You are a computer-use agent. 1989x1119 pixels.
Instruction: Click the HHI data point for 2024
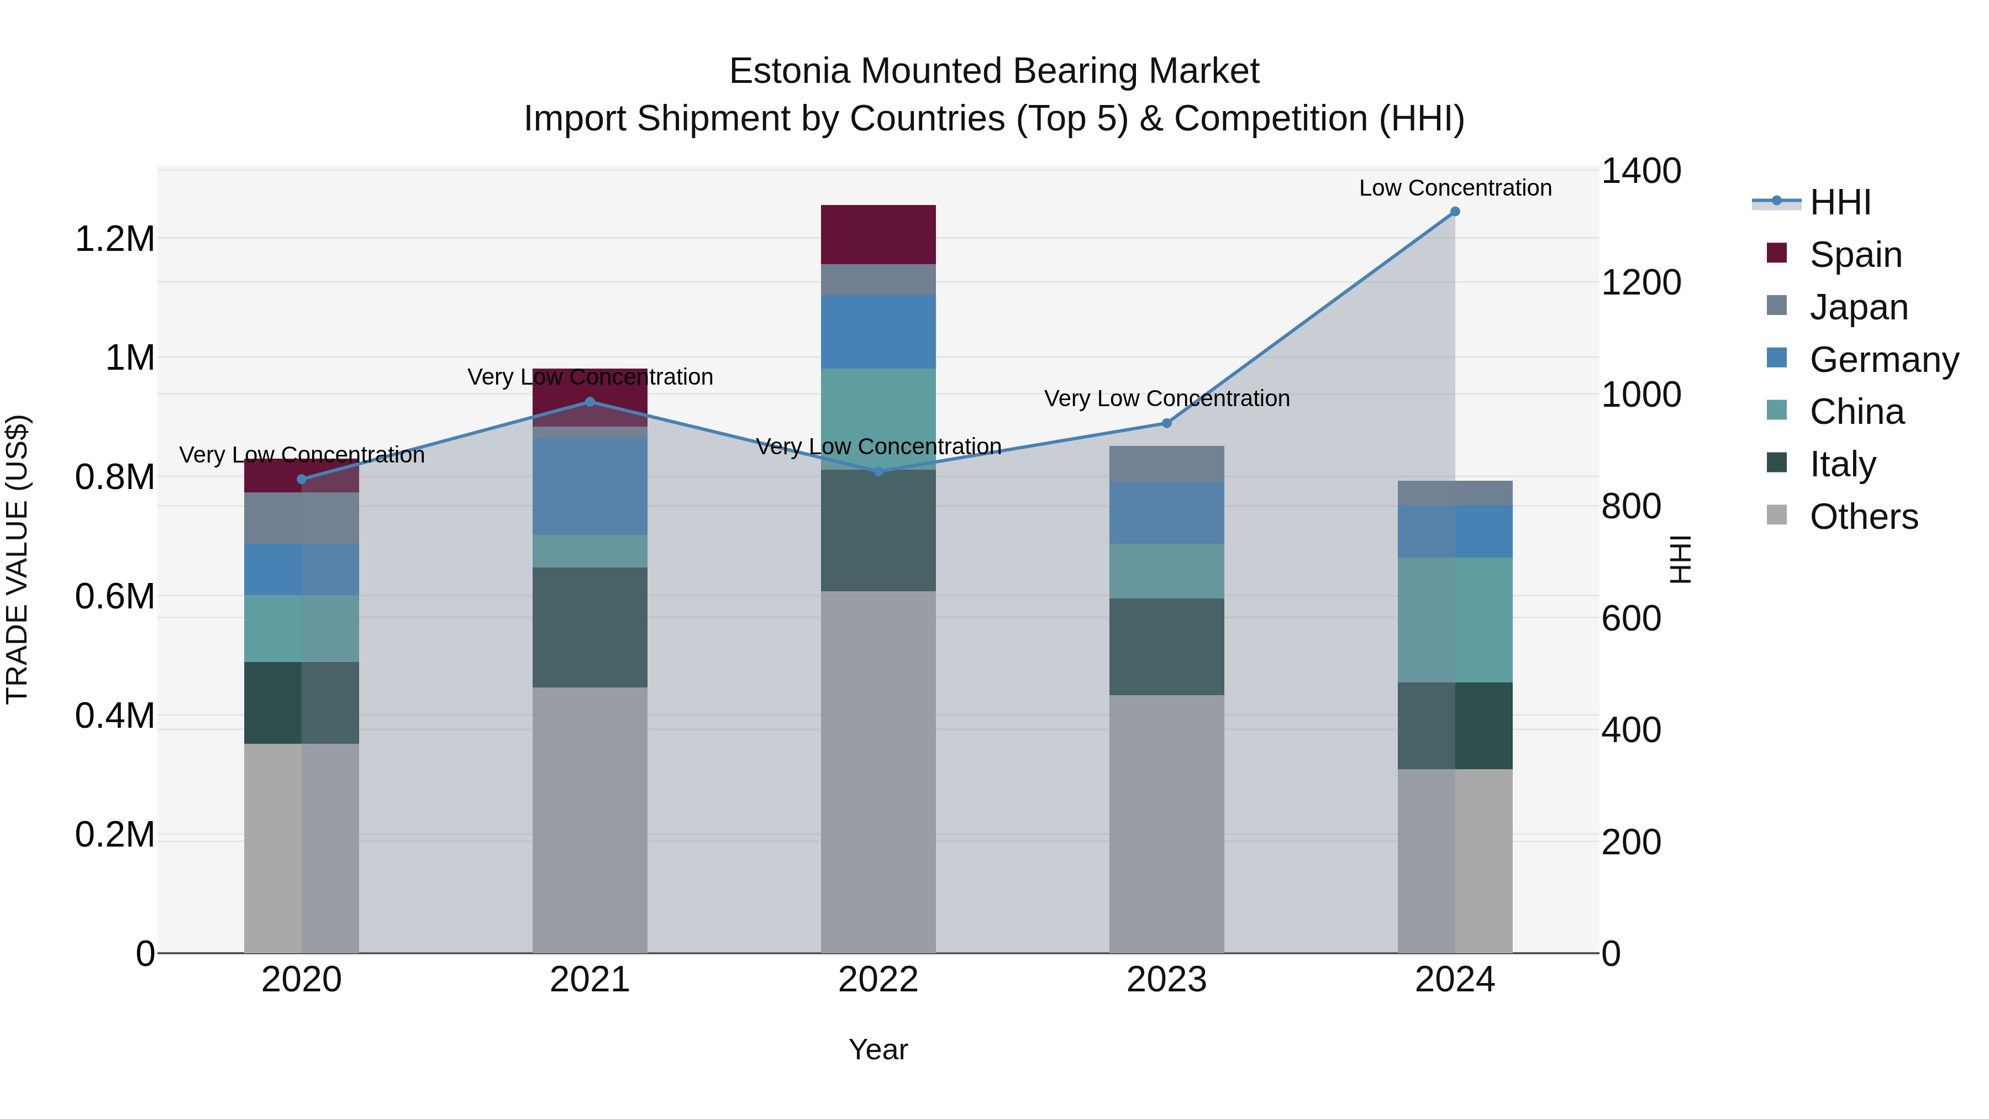point(1455,212)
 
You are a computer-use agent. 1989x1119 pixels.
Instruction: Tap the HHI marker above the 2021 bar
point(590,402)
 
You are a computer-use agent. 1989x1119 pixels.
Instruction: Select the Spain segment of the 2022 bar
point(878,235)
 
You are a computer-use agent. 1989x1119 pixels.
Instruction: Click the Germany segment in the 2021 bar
point(590,486)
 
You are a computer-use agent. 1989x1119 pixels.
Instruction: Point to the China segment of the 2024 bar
point(1455,619)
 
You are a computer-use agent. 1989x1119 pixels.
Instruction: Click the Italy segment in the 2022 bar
point(878,530)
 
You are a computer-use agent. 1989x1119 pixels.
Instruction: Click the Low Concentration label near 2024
point(1455,188)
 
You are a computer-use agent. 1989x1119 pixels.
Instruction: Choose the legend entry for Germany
point(1883,360)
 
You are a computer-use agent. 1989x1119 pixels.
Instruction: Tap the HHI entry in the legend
point(1839,202)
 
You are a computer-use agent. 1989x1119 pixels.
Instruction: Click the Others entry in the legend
point(1863,517)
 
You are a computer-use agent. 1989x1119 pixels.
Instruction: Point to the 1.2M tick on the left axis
point(114,239)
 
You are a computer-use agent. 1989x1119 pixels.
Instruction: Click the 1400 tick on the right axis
point(1641,171)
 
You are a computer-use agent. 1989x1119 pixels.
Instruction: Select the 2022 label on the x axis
point(878,980)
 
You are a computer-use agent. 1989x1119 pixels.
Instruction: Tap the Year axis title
point(878,1049)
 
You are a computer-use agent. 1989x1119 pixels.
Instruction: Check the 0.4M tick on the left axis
point(114,716)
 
